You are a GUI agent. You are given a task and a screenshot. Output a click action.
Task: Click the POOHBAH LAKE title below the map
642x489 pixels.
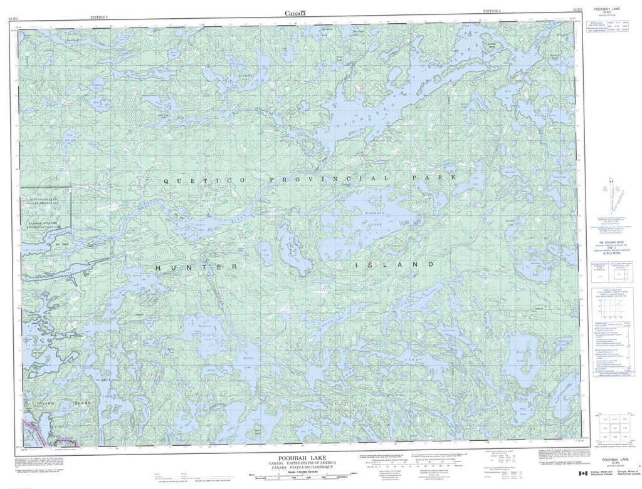[297, 458]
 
